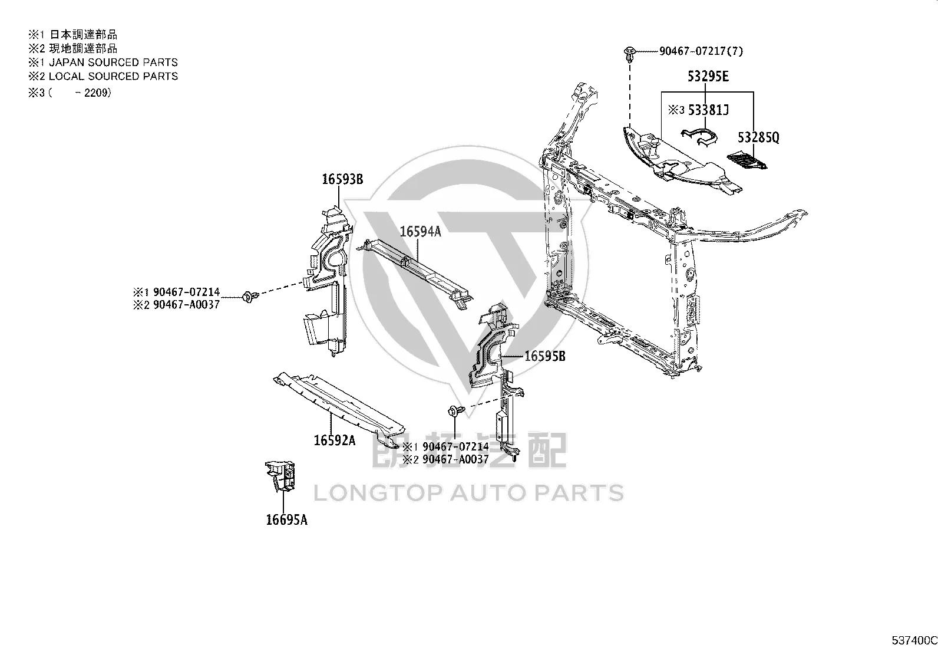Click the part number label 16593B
(x=342, y=179)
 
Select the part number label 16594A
(x=421, y=231)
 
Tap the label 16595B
(x=545, y=356)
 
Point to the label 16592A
(x=335, y=440)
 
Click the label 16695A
(x=287, y=520)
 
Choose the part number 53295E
(x=708, y=76)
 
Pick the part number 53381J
(x=709, y=110)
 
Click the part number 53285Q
(x=758, y=137)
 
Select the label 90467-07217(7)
(x=701, y=51)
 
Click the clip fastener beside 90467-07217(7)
(x=629, y=54)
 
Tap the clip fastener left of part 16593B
(x=250, y=297)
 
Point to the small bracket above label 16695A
(x=280, y=476)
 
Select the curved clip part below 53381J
(x=699, y=137)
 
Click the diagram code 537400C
(x=914, y=640)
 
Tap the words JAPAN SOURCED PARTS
(x=114, y=63)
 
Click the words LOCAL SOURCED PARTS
(x=114, y=76)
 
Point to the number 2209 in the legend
(x=97, y=93)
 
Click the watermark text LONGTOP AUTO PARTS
(x=468, y=493)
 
